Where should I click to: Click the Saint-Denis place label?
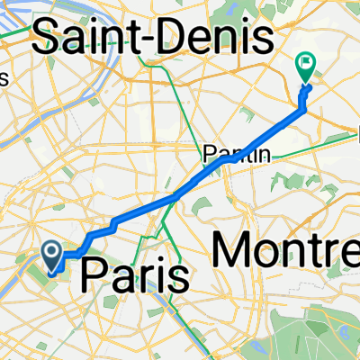[x=153, y=39]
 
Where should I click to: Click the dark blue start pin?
[x=54, y=256]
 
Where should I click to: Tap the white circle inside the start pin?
[x=54, y=252]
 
